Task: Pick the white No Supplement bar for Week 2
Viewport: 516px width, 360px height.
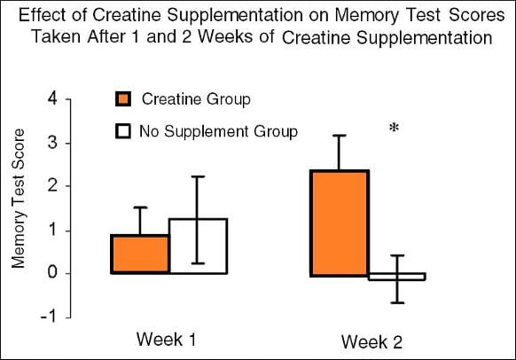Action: [x=397, y=277]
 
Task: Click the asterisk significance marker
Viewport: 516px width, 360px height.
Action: [x=393, y=129]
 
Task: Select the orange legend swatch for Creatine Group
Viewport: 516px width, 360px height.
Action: [x=123, y=99]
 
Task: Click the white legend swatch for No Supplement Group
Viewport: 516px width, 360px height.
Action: [x=123, y=131]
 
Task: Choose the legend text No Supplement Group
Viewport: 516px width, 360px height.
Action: [x=218, y=131]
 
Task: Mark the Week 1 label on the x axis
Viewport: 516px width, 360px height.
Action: [x=166, y=340]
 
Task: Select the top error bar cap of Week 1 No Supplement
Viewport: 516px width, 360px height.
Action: [x=198, y=176]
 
